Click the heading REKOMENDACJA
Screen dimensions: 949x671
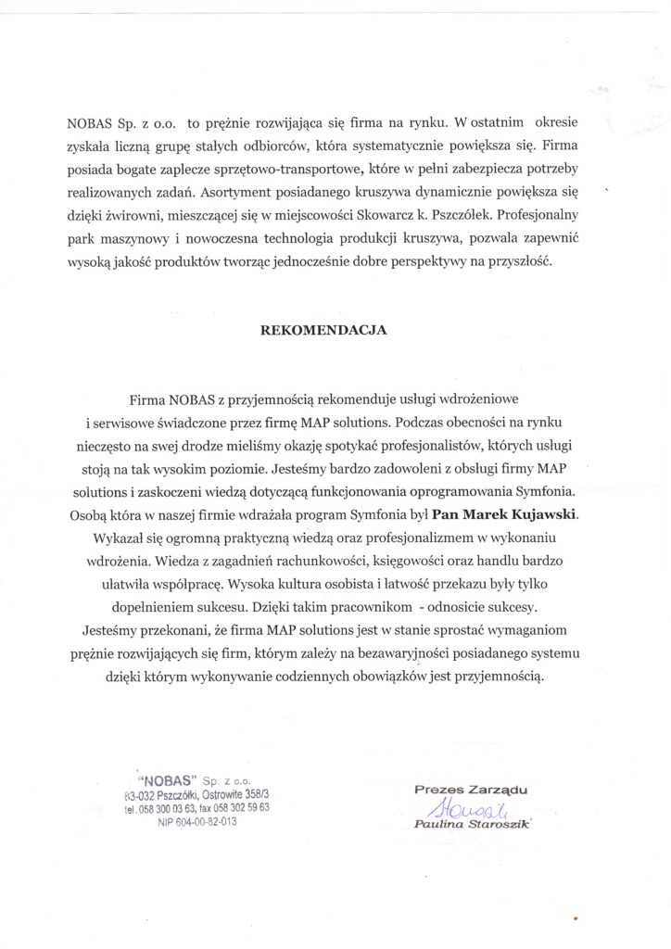pos(335,329)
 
